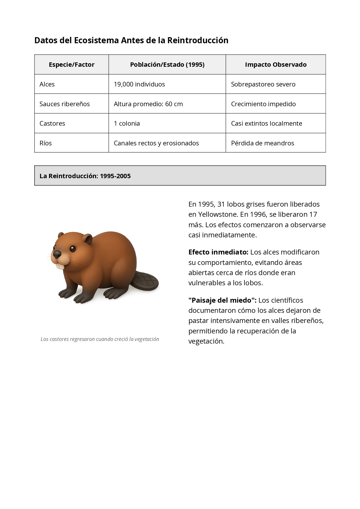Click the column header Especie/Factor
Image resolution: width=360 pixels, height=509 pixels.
click(71, 64)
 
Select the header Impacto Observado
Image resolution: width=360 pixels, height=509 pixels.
click(276, 64)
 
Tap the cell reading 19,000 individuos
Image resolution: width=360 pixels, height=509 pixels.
click(139, 84)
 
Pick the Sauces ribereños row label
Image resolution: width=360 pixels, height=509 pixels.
click(64, 104)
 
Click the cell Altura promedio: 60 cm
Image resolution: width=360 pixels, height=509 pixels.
click(148, 104)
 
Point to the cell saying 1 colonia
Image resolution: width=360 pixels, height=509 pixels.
click(127, 123)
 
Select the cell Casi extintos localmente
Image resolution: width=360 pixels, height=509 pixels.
click(266, 123)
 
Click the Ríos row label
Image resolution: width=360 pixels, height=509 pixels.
click(46, 143)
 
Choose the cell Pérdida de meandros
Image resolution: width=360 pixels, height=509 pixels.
click(262, 143)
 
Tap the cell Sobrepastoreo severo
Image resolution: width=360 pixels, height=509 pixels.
click(263, 84)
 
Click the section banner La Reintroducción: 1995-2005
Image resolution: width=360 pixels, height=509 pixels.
click(180, 176)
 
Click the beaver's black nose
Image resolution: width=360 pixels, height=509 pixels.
click(57, 254)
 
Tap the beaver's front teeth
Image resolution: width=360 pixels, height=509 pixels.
click(60, 266)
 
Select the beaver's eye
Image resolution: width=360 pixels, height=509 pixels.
click(73, 249)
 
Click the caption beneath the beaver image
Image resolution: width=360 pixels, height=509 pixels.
click(100, 339)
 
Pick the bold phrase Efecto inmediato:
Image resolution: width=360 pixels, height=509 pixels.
click(218, 252)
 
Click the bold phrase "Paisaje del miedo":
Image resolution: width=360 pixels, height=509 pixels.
click(222, 300)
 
